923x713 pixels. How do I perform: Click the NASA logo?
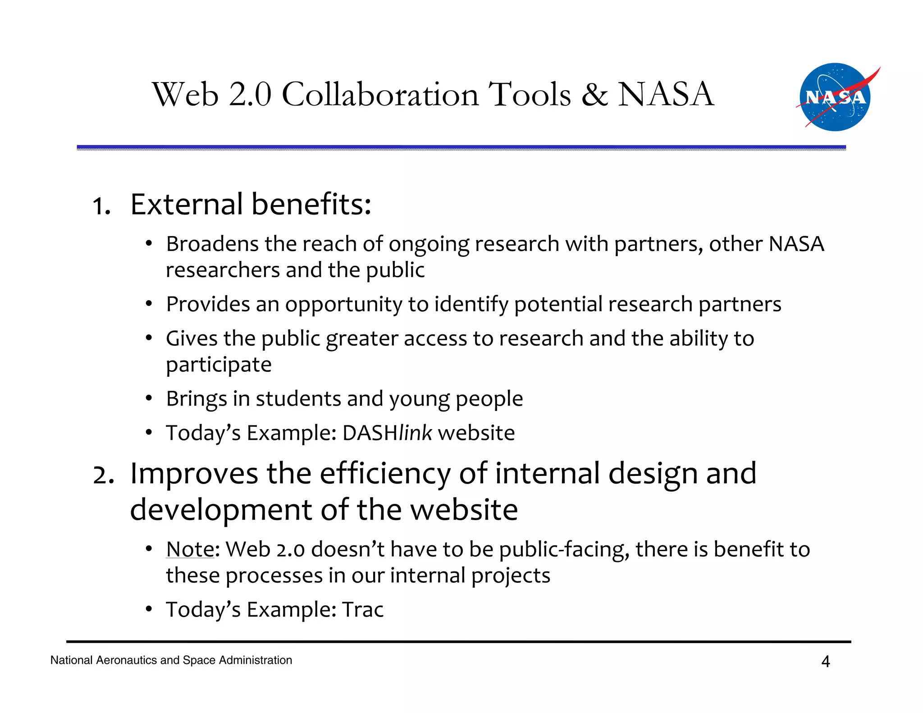pyautogui.click(x=835, y=97)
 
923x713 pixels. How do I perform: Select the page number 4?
pyautogui.click(x=825, y=661)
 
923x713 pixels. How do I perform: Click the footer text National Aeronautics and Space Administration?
pyautogui.click(x=171, y=660)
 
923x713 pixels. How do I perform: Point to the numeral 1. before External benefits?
pyautogui.click(x=101, y=206)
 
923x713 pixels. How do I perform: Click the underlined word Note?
pyautogui.click(x=190, y=549)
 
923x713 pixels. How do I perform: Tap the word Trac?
pyautogui.click(x=362, y=609)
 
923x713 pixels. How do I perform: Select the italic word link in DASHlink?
pyautogui.click(x=415, y=433)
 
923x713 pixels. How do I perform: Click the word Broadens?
pyautogui.click(x=212, y=244)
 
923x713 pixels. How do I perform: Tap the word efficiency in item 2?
pyautogui.click(x=385, y=474)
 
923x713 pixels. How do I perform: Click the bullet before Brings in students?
pyautogui.click(x=149, y=399)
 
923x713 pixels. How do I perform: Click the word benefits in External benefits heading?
pyautogui.click(x=311, y=204)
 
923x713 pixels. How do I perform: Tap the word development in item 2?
pyautogui.click(x=221, y=510)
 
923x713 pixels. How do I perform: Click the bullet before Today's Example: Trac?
pyautogui.click(x=149, y=610)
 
